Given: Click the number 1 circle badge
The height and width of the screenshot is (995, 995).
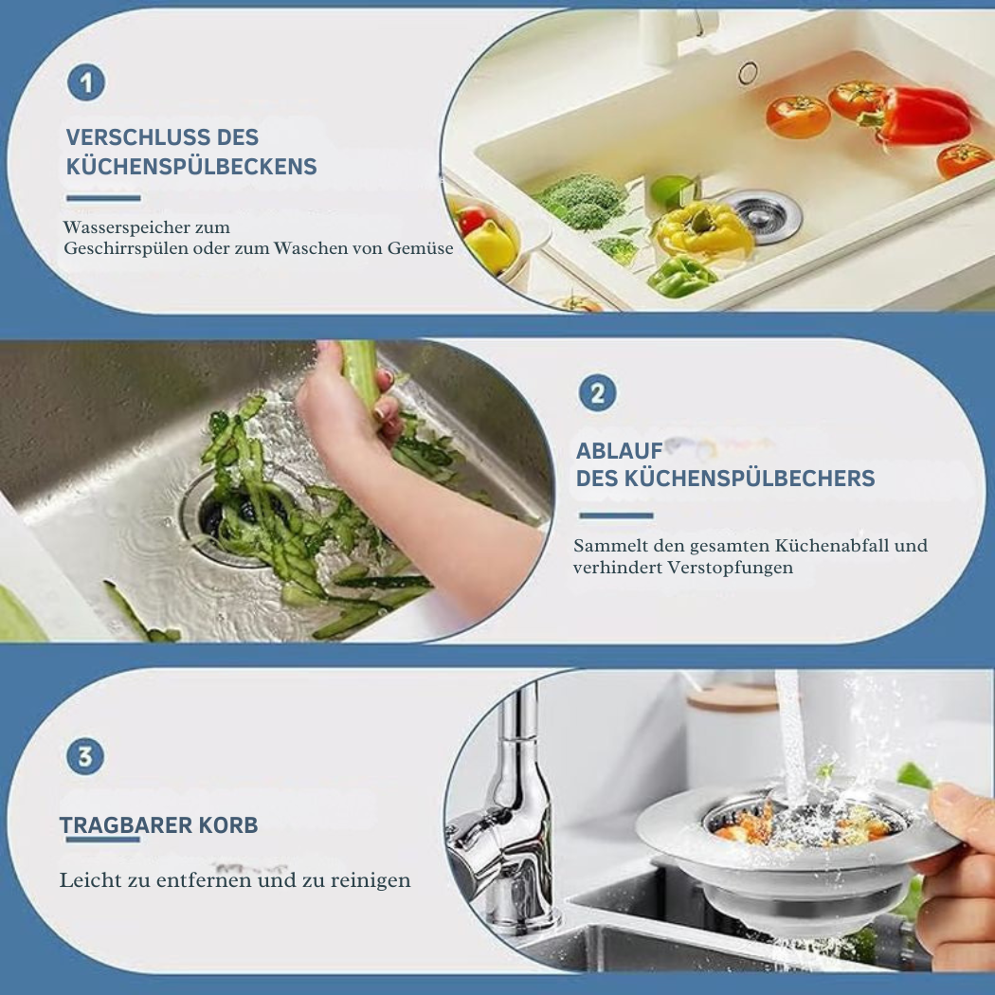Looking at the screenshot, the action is (86, 83).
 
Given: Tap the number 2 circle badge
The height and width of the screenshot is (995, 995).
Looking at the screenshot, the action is (598, 393).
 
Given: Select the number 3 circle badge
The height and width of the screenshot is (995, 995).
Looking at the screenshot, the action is (85, 756).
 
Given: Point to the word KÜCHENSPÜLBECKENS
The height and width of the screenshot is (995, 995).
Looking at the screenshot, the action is (191, 166).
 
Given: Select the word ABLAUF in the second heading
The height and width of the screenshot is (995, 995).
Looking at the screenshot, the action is (619, 450).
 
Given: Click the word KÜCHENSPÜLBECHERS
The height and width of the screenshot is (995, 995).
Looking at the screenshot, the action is (750, 478).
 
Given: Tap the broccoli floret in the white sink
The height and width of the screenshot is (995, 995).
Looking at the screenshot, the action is (580, 199).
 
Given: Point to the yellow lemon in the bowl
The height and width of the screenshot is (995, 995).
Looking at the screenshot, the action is (491, 244).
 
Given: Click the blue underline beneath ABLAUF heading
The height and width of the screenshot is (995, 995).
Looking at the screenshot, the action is (616, 516).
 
